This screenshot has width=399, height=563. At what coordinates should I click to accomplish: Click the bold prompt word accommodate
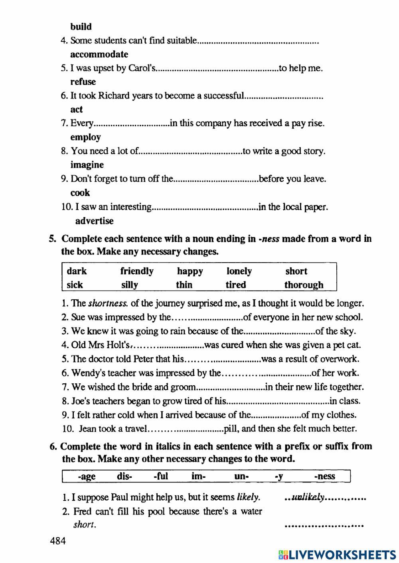(x=99, y=54)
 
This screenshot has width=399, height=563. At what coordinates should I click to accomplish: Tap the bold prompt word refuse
(x=83, y=82)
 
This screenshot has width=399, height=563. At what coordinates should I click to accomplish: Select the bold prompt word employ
(x=85, y=137)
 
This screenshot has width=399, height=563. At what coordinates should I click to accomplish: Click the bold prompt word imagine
(x=87, y=165)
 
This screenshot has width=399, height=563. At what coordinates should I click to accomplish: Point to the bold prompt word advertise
(x=94, y=221)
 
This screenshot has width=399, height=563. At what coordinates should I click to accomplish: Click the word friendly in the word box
(x=137, y=271)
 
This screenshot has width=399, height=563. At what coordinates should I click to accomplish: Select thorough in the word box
(x=304, y=285)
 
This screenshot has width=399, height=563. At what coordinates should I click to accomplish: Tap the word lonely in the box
(x=239, y=271)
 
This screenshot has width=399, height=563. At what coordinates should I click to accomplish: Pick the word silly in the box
(x=129, y=285)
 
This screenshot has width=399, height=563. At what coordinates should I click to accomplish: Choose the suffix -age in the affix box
(x=86, y=477)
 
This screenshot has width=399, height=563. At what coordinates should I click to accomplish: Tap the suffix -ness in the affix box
(x=324, y=477)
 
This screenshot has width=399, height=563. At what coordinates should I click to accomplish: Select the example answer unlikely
(x=308, y=497)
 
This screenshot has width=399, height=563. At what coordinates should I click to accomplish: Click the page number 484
(x=58, y=541)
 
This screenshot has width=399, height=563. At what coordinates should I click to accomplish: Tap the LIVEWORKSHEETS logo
(x=337, y=554)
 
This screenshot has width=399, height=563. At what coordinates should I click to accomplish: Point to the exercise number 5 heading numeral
(x=52, y=239)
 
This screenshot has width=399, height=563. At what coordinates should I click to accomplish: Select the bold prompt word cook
(x=80, y=193)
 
